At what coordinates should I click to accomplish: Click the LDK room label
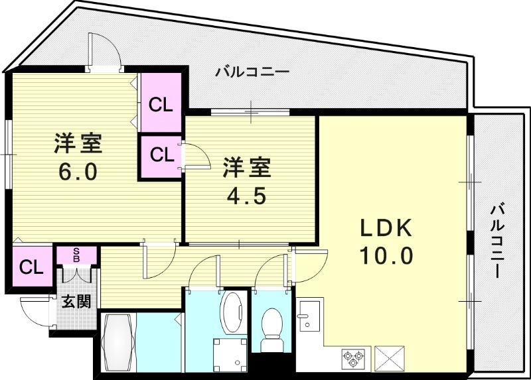(x=387, y=229)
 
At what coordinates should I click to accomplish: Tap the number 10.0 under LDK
(x=387, y=255)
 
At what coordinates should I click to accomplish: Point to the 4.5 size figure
(x=246, y=197)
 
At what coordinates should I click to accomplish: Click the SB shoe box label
(x=76, y=255)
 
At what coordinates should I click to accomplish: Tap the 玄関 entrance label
(x=76, y=302)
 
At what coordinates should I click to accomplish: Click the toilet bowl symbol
(x=271, y=328)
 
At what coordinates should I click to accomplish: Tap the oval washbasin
(x=232, y=311)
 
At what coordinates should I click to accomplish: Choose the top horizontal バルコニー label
(x=252, y=71)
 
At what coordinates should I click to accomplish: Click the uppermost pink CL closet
(x=161, y=104)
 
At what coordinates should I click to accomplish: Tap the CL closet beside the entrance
(x=31, y=268)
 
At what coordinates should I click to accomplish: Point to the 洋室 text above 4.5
(x=246, y=168)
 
